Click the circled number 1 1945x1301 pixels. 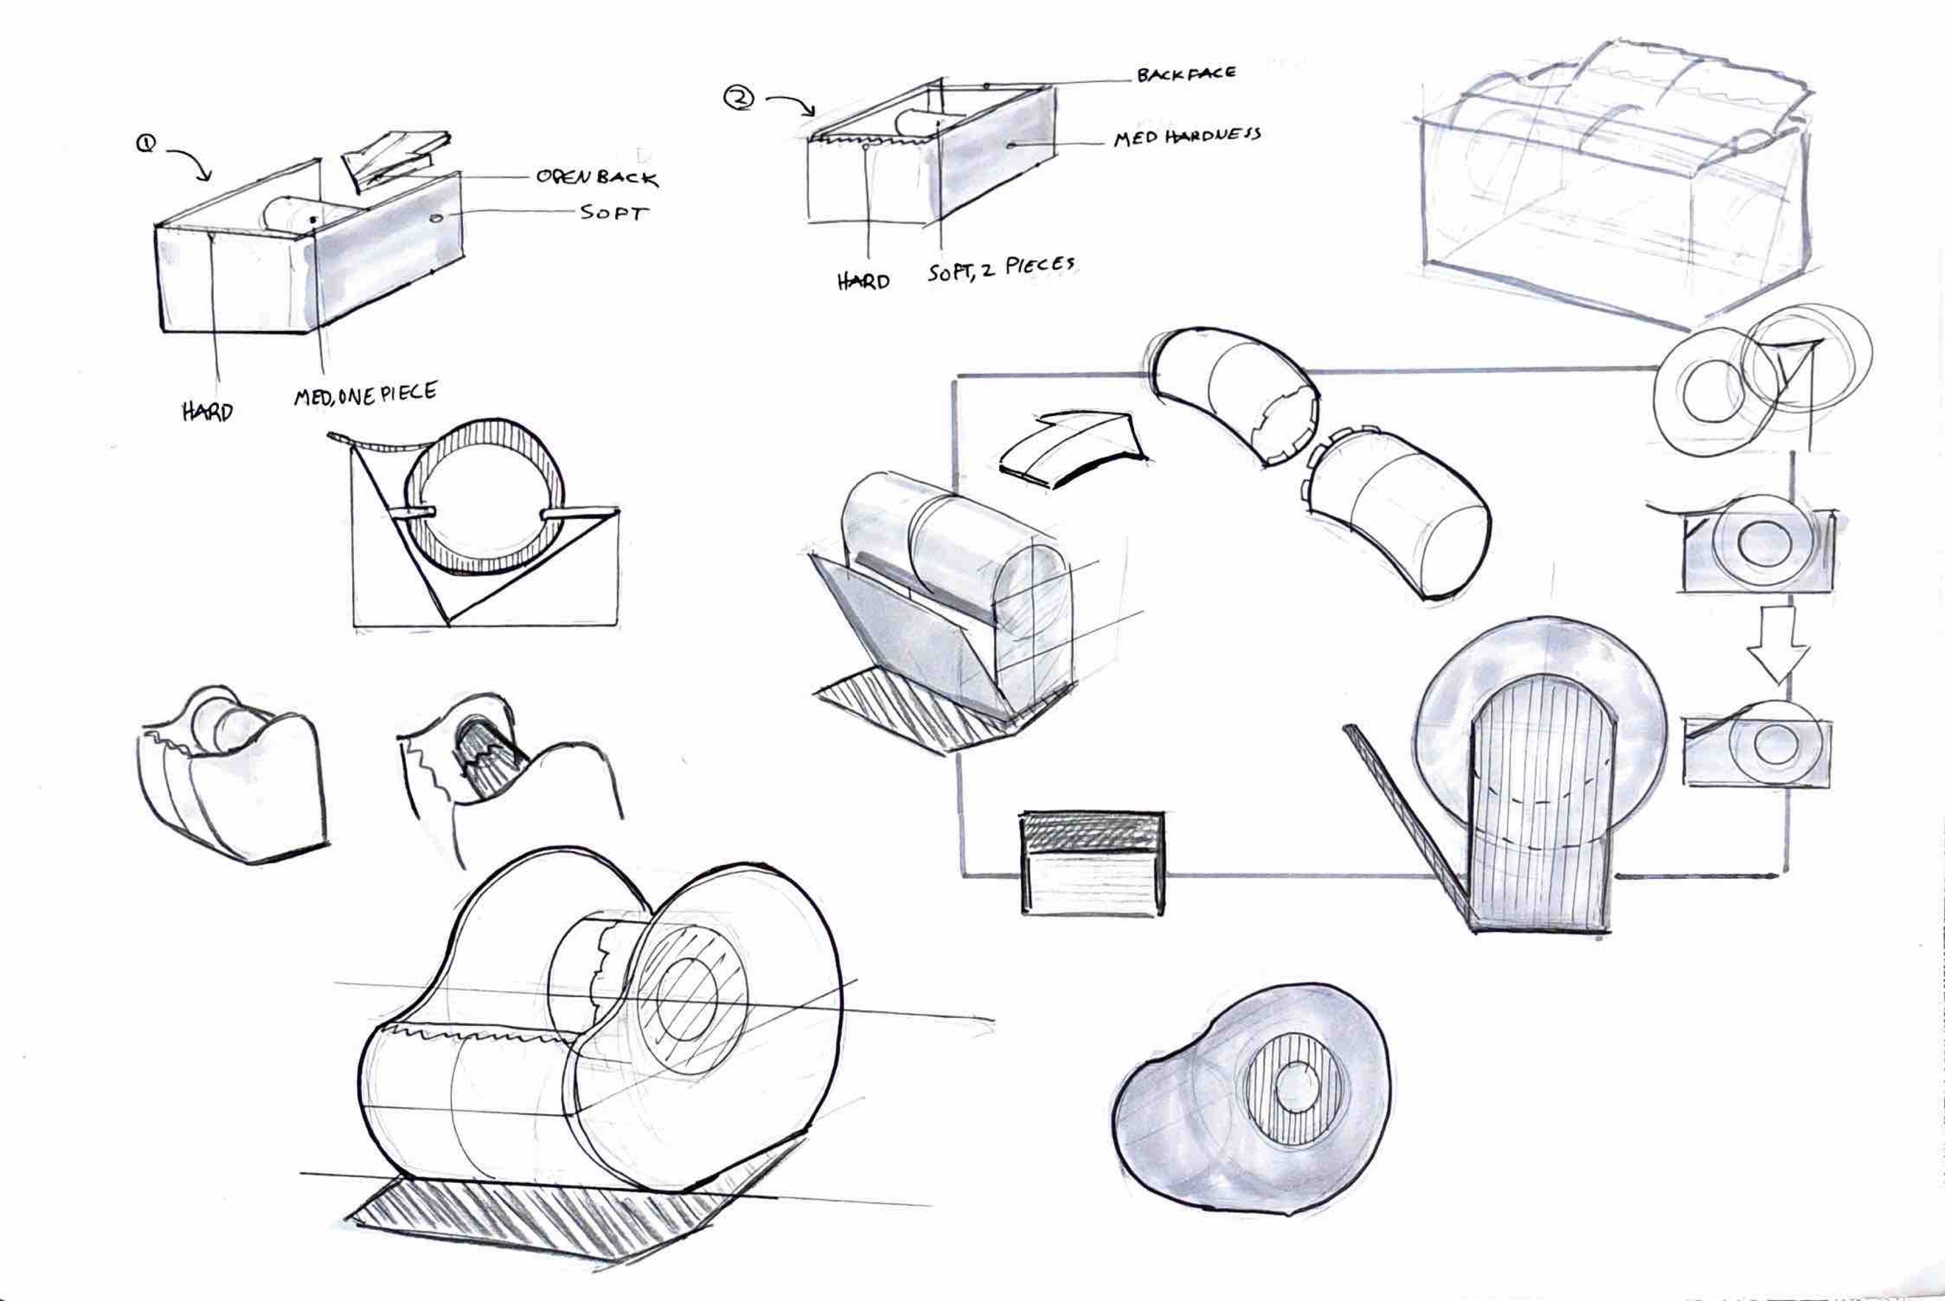[146, 143]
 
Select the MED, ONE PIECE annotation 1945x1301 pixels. [365, 393]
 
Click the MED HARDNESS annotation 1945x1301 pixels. [1186, 137]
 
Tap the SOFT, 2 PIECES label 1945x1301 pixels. [1001, 269]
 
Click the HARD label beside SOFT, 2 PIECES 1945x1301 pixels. [863, 281]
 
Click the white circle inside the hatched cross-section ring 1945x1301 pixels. [481, 513]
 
